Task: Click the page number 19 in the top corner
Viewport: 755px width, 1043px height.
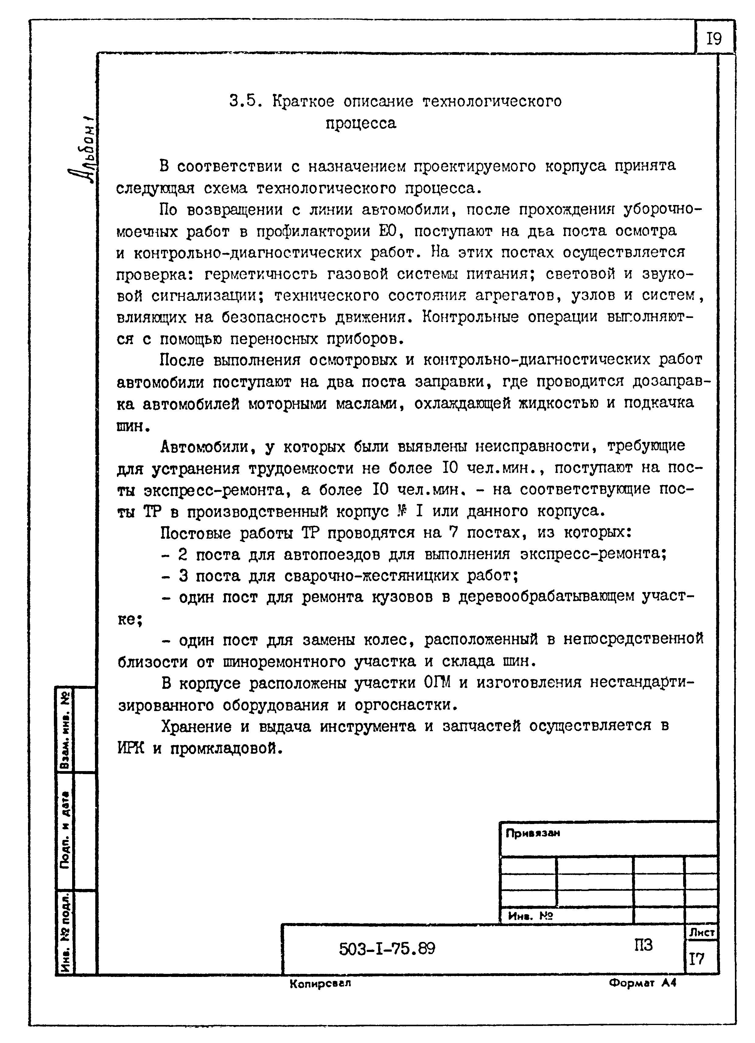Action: pos(713,39)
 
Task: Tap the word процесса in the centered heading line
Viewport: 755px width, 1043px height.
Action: pos(360,123)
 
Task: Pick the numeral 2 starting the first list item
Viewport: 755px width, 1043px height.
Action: pos(183,555)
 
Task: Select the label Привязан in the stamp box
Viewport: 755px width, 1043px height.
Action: pos(532,833)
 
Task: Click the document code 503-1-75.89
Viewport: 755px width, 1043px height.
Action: pos(387,948)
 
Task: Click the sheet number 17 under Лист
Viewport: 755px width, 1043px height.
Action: pos(696,959)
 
